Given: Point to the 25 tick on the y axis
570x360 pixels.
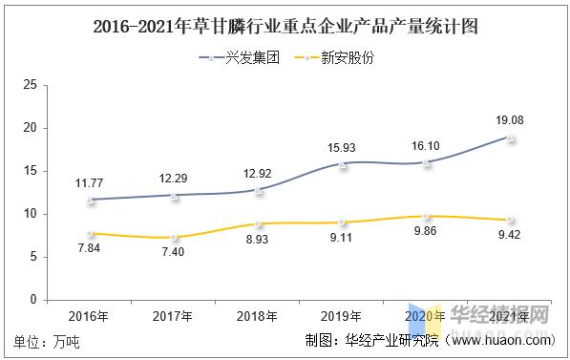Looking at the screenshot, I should (x=30, y=85).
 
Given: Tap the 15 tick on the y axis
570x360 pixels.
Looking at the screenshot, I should (x=30, y=171).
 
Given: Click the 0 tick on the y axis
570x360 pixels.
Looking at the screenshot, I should (x=33, y=300).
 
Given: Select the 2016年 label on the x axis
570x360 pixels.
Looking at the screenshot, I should (x=88, y=315).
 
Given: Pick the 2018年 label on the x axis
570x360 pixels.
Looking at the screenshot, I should (x=258, y=315).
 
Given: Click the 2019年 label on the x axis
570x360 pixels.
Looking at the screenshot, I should (x=342, y=315).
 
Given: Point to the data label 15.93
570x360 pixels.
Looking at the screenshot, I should (x=342, y=146).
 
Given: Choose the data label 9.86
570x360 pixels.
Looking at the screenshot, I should (x=427, y=231).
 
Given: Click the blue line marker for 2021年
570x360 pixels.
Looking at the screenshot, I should (x=511, y=138).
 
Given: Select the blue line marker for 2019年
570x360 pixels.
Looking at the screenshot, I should (x=342, y=163).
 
